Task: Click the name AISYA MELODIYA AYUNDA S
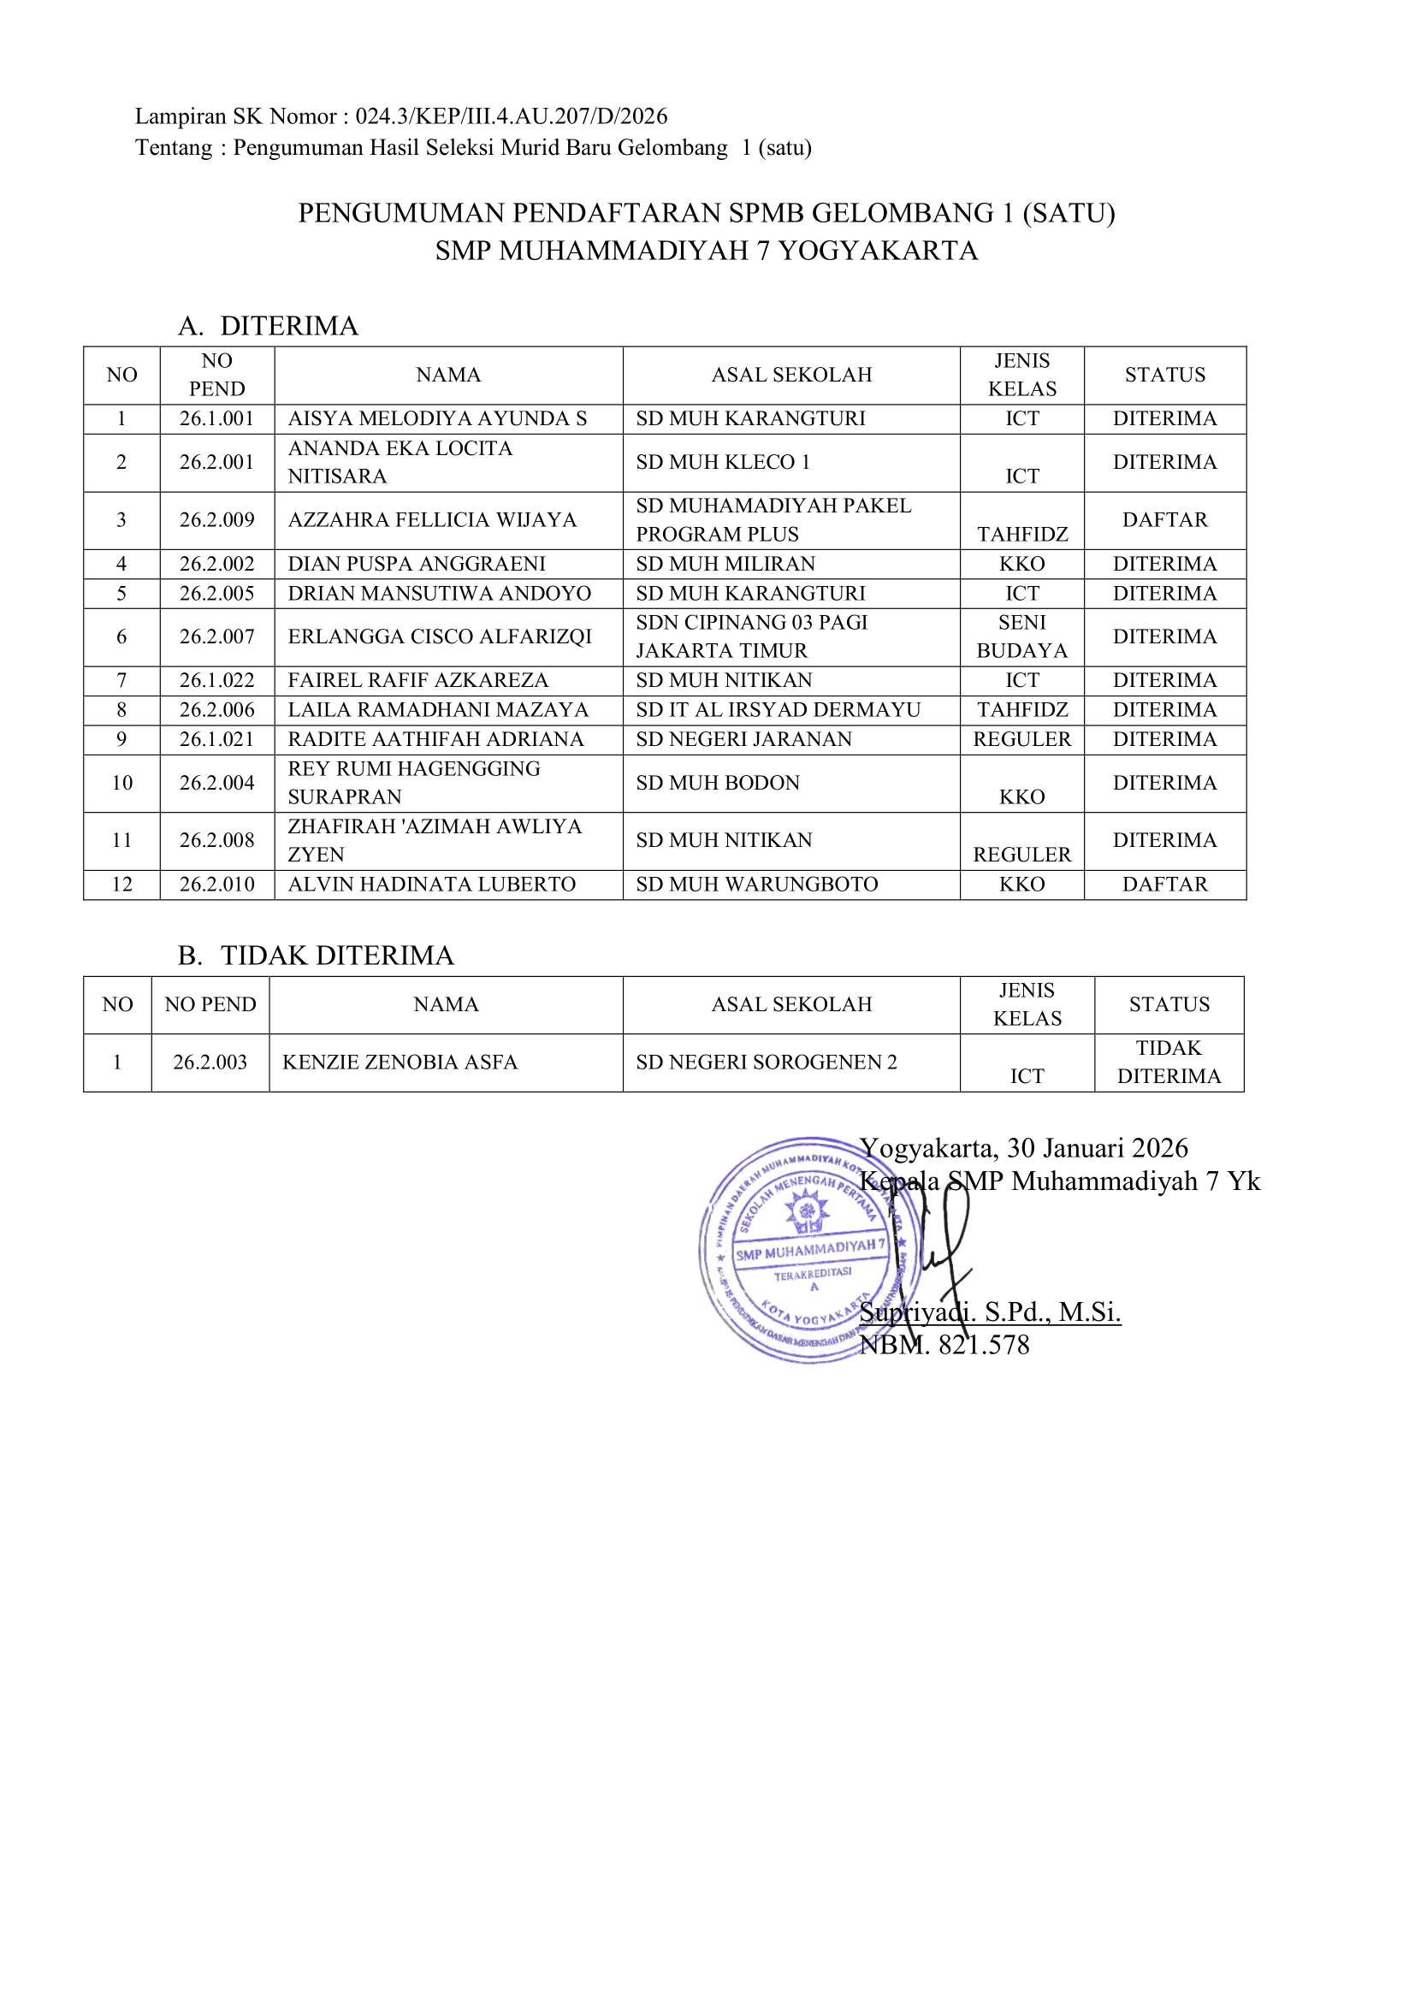pos(437,418)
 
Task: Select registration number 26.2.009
pos(217,519)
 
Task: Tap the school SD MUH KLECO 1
pos(722,462)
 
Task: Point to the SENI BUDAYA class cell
pos(1021,636)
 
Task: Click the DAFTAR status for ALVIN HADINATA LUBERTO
pos(1164,884)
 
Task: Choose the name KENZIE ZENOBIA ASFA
pos(400,1062)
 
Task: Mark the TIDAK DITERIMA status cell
pos(1169,1062)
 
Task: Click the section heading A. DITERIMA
pos(269,326)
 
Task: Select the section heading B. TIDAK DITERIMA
pos(316,956)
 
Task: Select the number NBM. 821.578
pos(944,1345)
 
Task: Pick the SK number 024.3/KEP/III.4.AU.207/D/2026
pos(512,115)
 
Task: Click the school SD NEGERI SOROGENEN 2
pos(766,1062)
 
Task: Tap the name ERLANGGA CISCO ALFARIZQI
pos(439,636)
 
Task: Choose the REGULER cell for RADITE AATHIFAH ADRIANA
pos(1021,739)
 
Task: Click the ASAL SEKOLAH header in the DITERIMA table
pos(791,375)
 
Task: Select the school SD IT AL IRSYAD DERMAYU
pos(778,709)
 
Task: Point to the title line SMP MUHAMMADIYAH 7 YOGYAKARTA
pos(707,251)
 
